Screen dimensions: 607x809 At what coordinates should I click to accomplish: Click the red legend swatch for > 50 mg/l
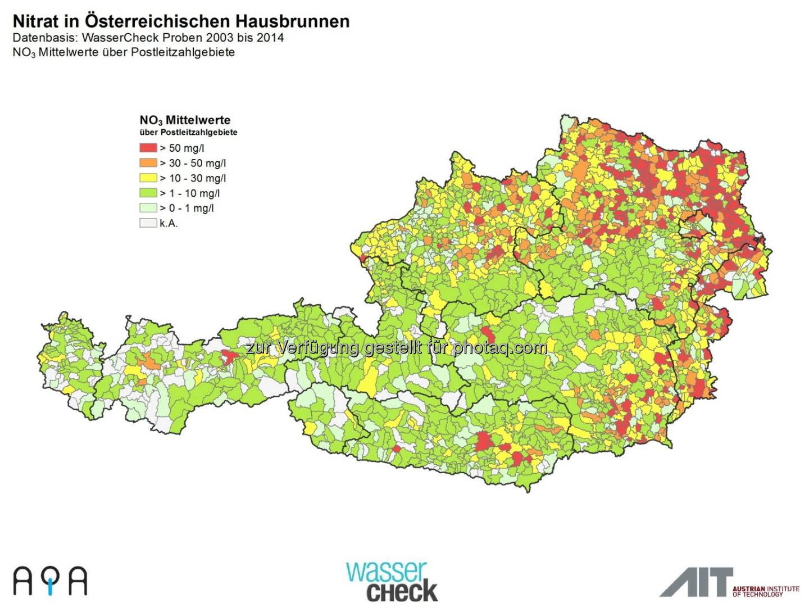(148, 148)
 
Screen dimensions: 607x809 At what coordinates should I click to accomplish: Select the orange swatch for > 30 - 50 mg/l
(148, 163)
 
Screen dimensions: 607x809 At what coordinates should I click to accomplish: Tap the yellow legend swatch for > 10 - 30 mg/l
(148, 178)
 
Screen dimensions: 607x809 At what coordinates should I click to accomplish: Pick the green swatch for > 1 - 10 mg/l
(148, 193)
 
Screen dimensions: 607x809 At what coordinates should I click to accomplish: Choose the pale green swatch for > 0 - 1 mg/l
(148, 208)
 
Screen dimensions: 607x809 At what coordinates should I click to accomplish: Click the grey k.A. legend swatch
(148, 223)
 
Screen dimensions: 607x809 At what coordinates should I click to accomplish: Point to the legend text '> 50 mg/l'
(182, 148)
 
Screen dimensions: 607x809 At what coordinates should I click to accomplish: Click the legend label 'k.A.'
(169, 223)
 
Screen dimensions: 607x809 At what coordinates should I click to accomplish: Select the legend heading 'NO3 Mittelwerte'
(185, 120)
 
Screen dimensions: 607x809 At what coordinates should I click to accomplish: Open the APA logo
(51, 581)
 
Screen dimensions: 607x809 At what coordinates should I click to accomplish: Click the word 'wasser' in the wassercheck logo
(387, 572)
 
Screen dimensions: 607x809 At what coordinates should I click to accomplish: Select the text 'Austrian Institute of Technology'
(765, 591)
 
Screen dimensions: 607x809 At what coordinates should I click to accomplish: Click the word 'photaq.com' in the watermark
(500, 348)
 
